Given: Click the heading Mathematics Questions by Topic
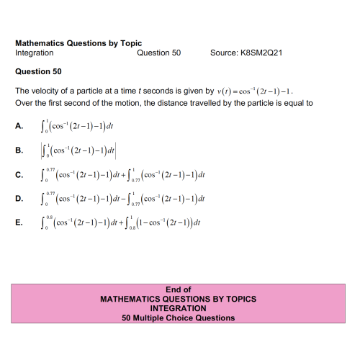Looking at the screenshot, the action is point(78,43).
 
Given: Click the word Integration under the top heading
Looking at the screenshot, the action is point(35,53).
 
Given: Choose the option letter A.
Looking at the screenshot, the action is point(19,127).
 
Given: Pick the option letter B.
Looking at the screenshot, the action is point(19,150).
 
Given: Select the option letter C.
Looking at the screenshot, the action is point(19,174).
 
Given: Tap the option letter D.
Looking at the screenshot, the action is point(19,198).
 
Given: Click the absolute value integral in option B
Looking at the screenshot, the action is point(79,150).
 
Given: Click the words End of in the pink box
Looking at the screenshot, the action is point(178,289).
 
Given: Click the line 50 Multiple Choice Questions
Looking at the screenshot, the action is point(178,318).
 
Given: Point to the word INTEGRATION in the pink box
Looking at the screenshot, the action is point(178,308).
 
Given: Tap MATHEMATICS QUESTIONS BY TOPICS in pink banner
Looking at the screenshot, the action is point(178,299).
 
